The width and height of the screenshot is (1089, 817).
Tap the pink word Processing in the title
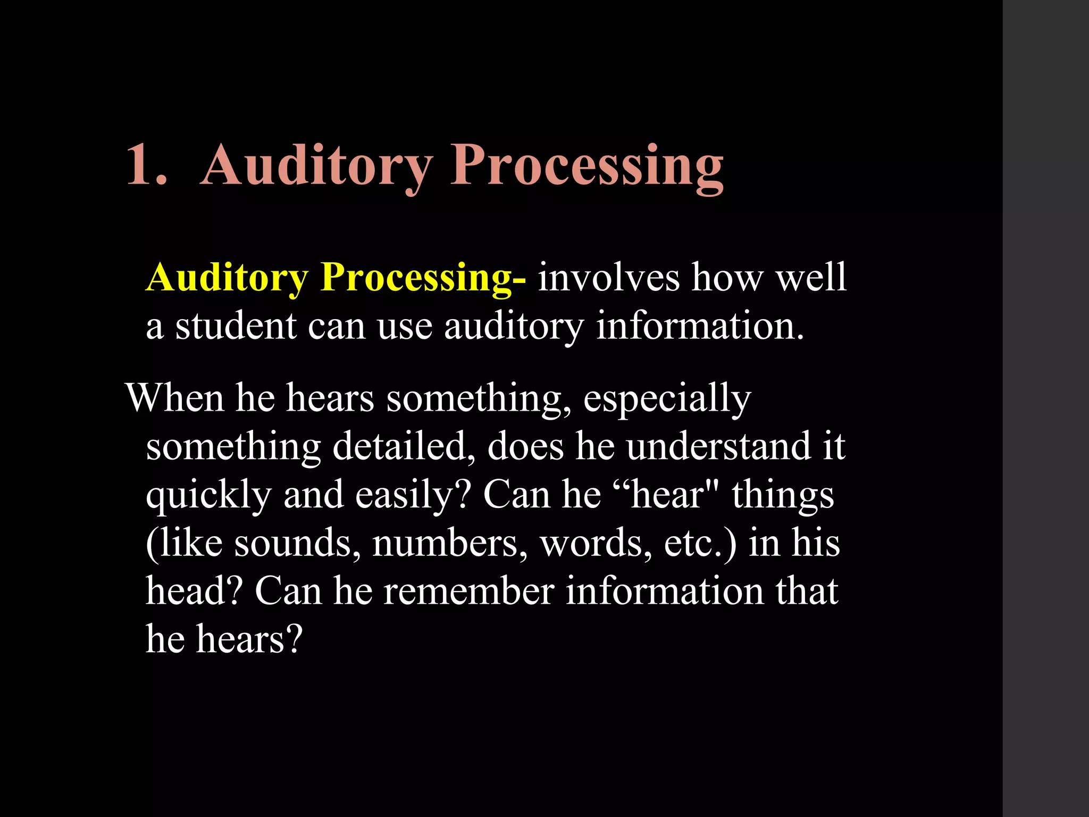(587, 166)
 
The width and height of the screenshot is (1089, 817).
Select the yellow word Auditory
(227, 278)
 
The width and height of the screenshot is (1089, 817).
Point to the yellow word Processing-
(423, 278)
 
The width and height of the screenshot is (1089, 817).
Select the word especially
(667, 399)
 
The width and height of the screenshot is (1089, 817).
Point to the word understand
(718, 446)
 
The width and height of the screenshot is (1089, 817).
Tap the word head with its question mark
(195, 590)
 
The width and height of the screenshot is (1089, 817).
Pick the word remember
(468, 590)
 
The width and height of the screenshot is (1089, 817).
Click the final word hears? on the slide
(249, 638)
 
